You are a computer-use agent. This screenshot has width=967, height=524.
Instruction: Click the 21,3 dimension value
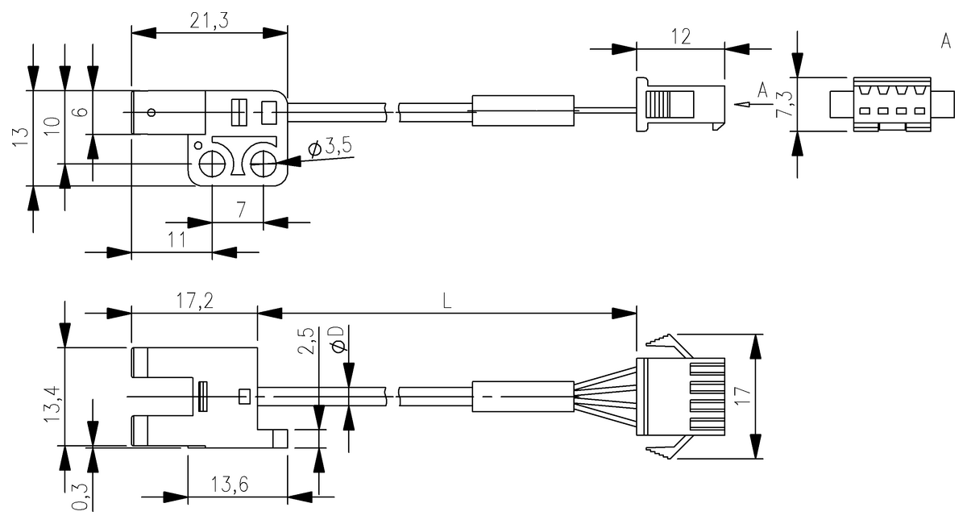pos(209,22)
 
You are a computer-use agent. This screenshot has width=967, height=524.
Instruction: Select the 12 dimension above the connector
pos(680,35)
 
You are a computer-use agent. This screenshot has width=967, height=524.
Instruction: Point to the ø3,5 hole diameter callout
pos(330,147)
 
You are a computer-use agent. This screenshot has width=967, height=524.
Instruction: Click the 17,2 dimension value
pos(193,301)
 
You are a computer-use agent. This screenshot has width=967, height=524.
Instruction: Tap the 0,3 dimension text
pos(79,493)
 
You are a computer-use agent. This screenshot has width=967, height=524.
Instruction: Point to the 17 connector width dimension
pos(742,395)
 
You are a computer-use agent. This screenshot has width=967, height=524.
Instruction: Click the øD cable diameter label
pos(338,339)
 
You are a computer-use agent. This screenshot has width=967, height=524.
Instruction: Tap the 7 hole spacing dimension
pos(239,209)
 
